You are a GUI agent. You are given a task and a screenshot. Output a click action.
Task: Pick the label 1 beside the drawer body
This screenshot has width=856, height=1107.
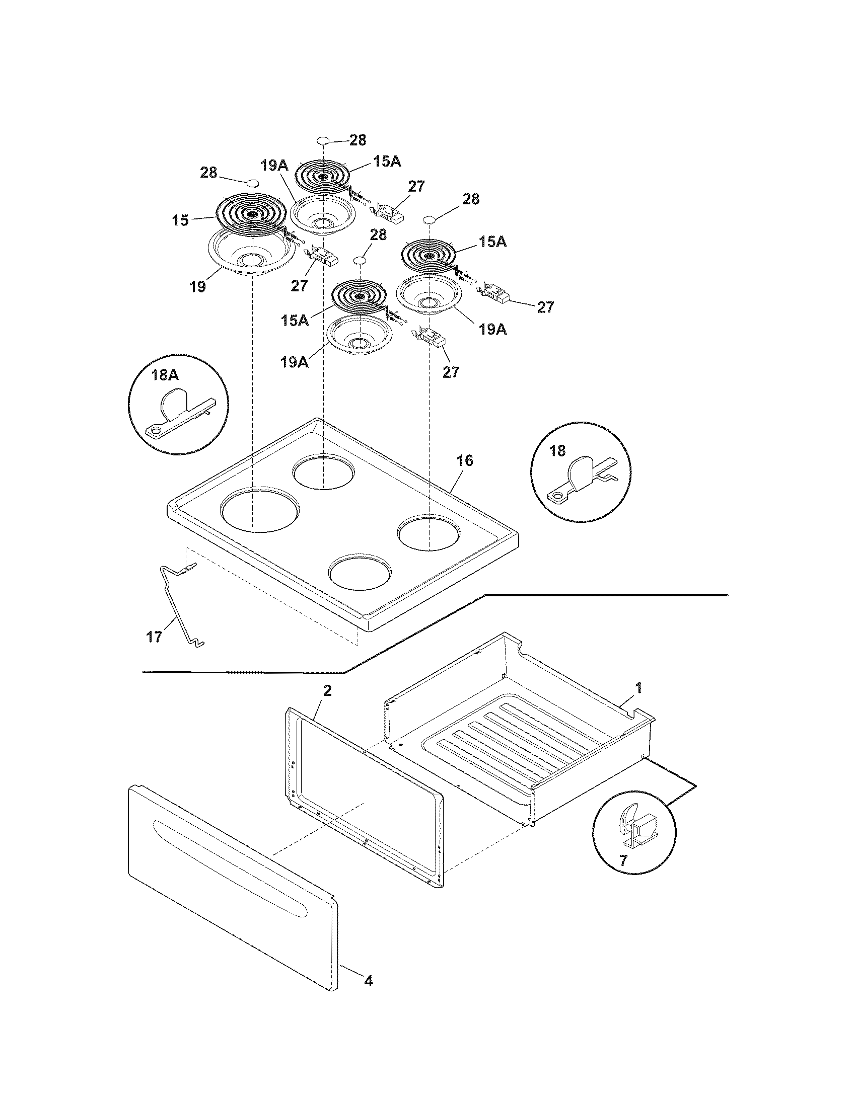tap(639, 688)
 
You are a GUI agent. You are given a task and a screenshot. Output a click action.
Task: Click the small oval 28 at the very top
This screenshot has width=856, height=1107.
tap(324, 140)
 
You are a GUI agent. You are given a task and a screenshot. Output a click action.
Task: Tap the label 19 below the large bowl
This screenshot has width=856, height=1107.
tap(198, 287)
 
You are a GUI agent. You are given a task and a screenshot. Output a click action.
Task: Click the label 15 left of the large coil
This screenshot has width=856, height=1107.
tap(180, 221)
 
